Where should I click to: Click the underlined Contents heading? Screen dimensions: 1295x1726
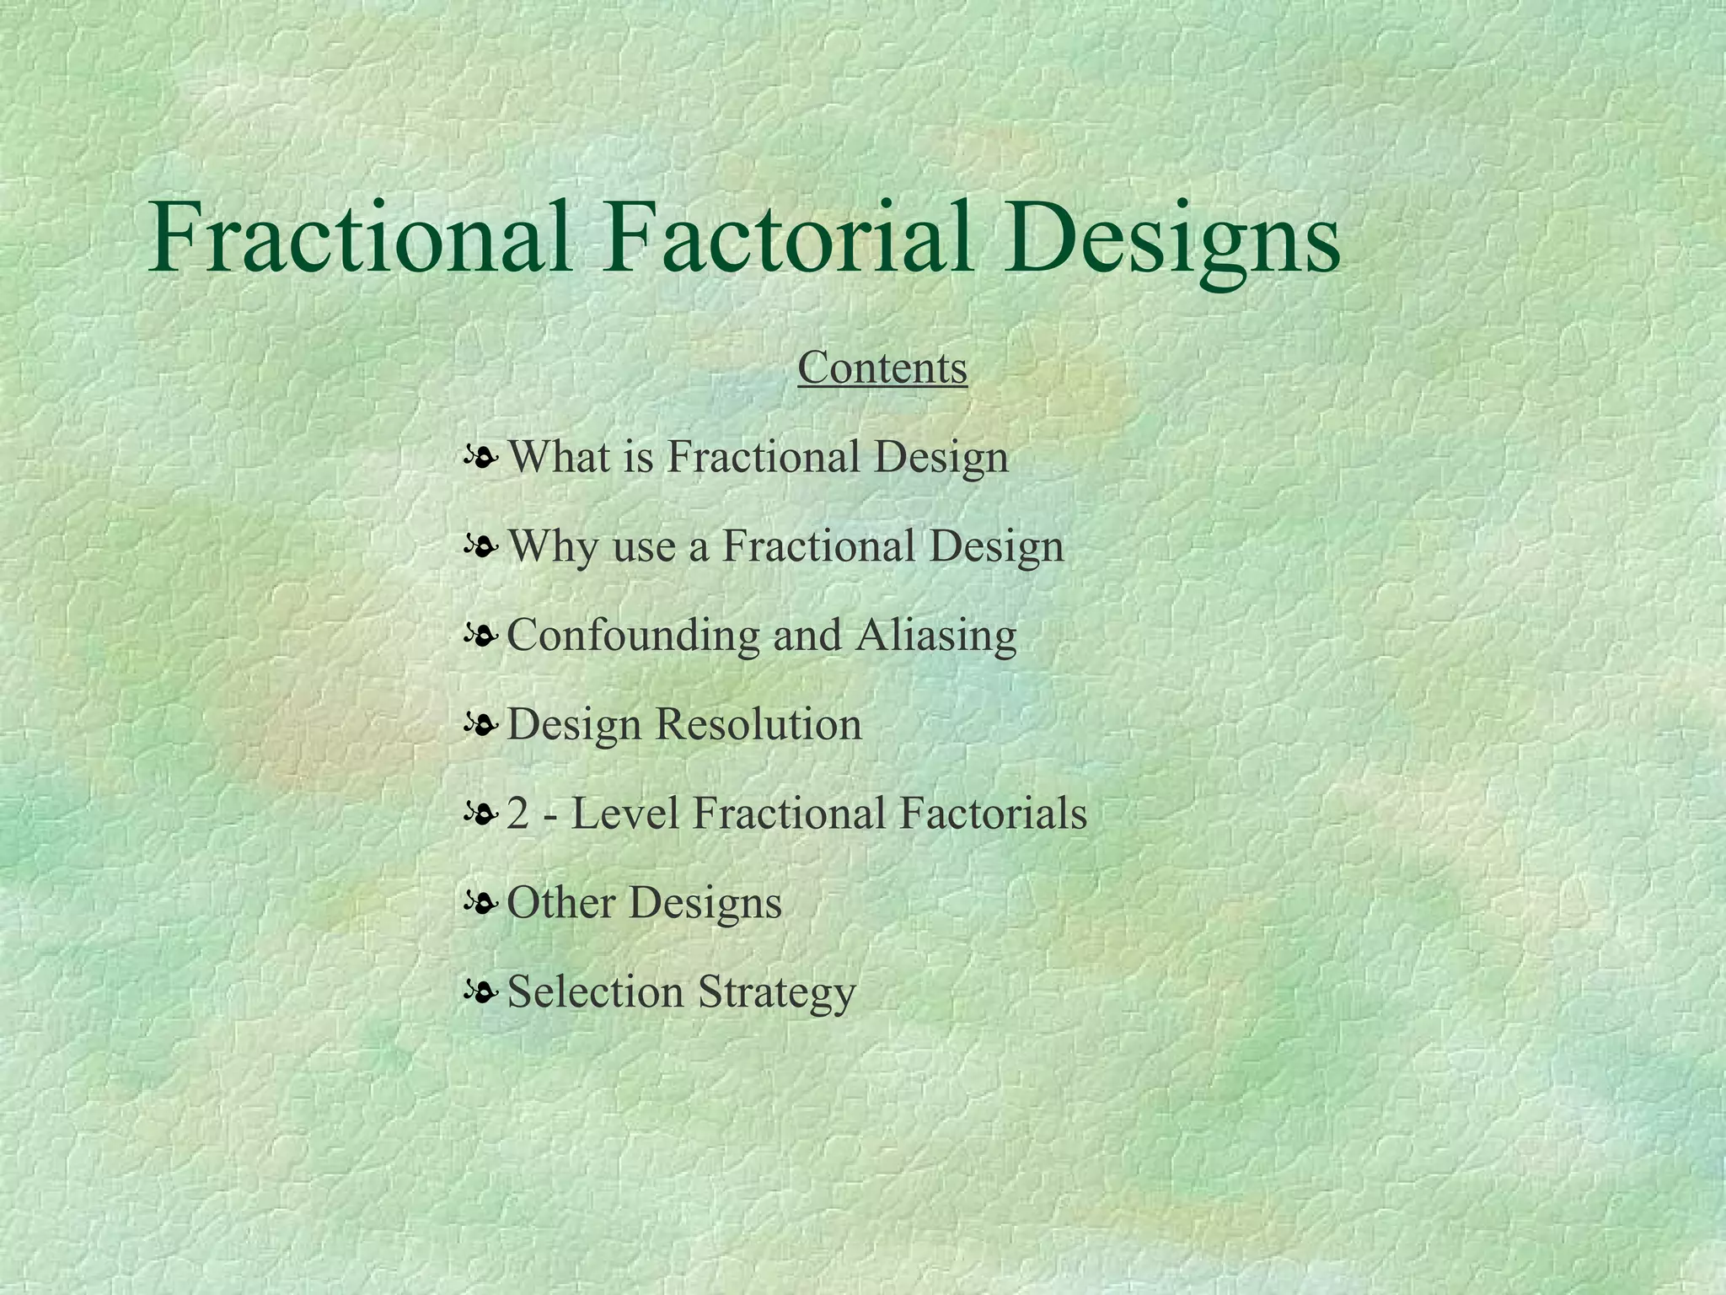[x=882, y=368]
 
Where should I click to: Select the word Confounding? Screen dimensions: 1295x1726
[x=633, y=635]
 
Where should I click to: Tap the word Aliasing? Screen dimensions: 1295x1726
[x=936, y=635]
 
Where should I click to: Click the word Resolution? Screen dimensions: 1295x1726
[x=759, y=724]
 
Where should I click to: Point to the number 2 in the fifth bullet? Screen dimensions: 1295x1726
[x=516, y=814]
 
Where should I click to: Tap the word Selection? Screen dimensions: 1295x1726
[x=595, y=991]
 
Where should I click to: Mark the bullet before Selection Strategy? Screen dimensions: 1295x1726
[x=480, y=993]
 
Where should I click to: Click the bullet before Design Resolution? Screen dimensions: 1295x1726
[x=480, y=726]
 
